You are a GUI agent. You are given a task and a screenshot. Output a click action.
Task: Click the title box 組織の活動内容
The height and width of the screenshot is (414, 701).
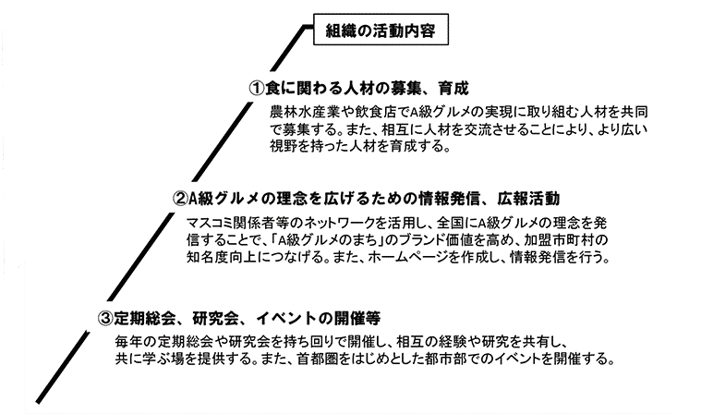click(x=381, y=30)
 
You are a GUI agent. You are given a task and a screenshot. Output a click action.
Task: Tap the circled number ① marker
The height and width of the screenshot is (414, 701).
click(x=257, y=88)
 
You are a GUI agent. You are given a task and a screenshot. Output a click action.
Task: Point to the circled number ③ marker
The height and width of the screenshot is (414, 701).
click(x=105, y=318)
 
